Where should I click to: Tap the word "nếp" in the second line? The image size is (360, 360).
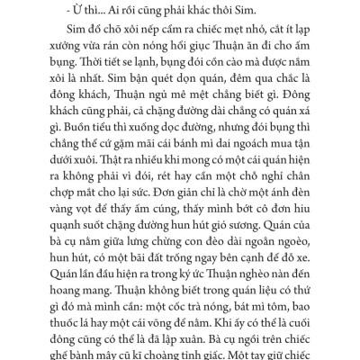point(149,28)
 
